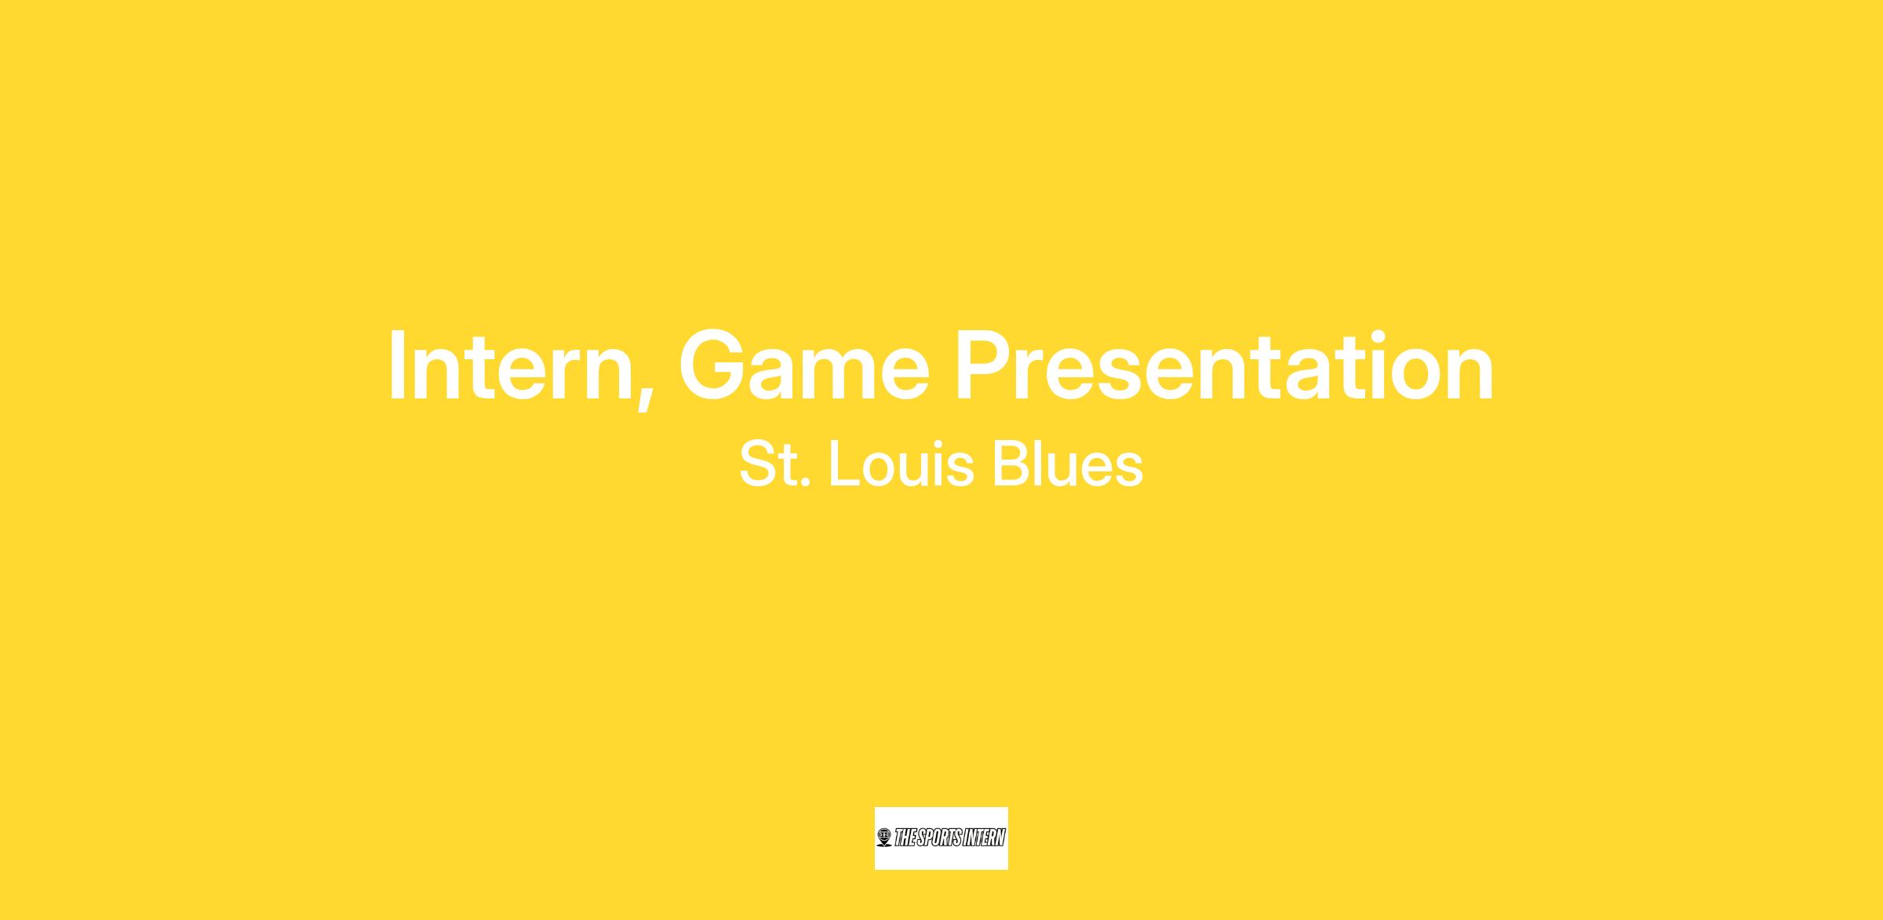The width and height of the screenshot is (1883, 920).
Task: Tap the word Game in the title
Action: click(x=805, y=366)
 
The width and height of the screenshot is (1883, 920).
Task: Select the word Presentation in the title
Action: click(x=1225, y=366)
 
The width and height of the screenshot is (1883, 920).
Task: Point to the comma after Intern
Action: click(x=645, y=396)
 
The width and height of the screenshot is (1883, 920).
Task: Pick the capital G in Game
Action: click(x=712, y=366)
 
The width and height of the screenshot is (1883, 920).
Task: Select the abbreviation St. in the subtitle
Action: click(x=775, y=464)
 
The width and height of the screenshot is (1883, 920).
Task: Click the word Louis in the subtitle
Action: click(x=901, y=464)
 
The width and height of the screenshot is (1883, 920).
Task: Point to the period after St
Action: click(x=806, y=482)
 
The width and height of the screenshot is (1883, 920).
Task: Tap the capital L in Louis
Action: click(x=843, y=464)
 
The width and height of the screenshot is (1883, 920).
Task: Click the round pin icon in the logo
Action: click(x=884, y=838)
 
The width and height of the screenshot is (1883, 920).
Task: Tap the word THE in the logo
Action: click(x=905, y=838)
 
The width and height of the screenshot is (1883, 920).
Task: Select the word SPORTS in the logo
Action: click(x=939, y=838)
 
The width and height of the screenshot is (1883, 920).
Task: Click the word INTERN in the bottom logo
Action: click(x=984, y=838)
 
